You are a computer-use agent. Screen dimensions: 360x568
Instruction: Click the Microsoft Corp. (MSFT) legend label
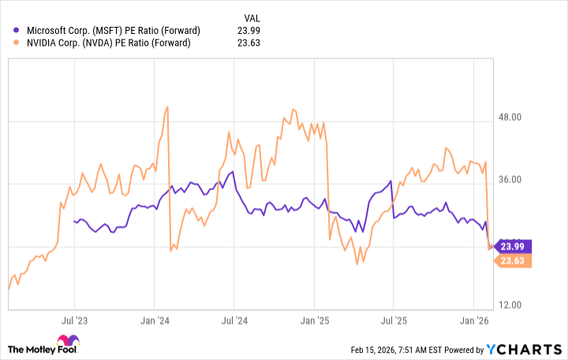click(113, 31)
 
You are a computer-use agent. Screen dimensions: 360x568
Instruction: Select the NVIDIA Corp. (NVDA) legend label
click(108, 43)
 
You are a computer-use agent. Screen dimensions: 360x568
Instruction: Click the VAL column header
click(251, 16)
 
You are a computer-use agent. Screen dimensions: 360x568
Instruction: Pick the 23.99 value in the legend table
click(248, 31)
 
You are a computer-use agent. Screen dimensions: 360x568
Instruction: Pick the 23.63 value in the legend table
click(248, 43)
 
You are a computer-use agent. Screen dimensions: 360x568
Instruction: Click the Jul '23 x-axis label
click(74, 321)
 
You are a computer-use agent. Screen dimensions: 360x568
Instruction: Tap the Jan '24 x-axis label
click(155, 321)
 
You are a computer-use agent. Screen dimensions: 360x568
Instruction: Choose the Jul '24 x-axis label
click(234, 321)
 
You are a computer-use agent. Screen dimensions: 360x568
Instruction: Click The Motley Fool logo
click(47, 349)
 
